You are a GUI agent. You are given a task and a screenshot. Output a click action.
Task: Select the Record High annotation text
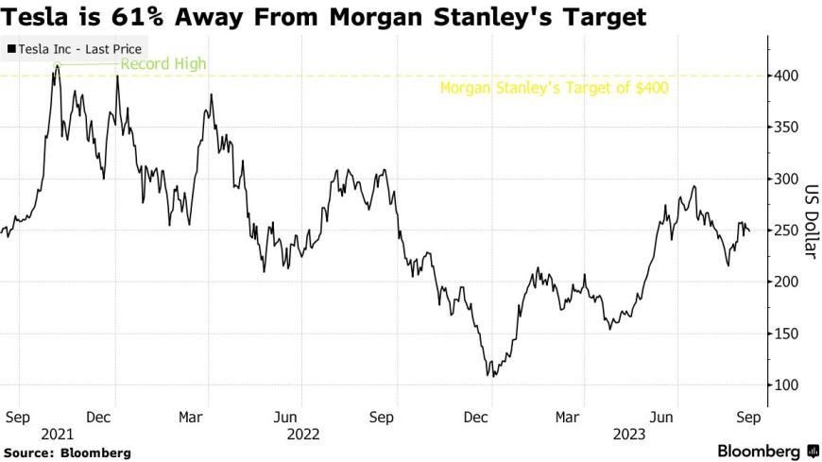[x=163, y=64]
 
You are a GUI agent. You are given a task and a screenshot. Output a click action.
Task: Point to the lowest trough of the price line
[x=491, y=376]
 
